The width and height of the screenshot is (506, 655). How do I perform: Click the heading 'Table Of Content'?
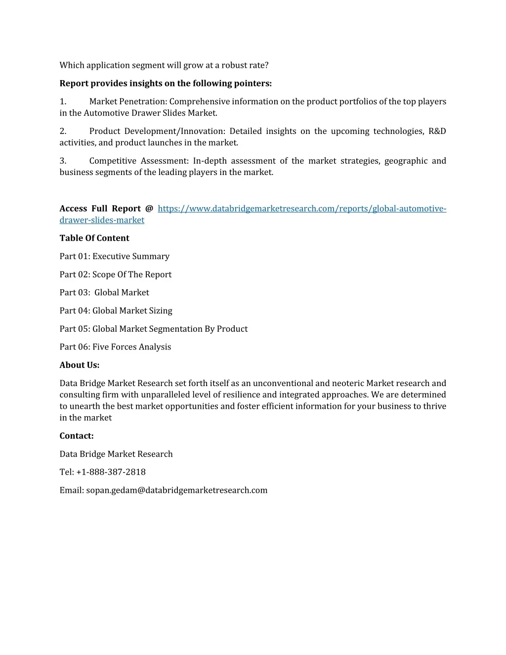pos(94,238)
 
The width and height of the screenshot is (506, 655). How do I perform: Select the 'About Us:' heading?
pos(80,365)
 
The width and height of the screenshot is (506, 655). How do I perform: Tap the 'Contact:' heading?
pos(77,436)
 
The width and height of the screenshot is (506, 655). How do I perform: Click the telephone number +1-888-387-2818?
pos(111,472)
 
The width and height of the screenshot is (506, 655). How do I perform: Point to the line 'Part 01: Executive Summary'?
pos(115,257)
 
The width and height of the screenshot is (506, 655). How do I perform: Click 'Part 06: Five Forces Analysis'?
pos(115,347)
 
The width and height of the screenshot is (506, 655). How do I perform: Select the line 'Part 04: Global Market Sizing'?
pos(116,311)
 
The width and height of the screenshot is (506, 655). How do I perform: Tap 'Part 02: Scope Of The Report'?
pos(116,275)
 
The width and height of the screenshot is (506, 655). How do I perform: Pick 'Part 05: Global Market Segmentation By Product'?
pos(154,329)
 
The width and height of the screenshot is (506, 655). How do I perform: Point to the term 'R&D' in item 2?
pos(437,131)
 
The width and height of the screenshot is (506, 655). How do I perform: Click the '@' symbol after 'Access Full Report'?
pos(149,209)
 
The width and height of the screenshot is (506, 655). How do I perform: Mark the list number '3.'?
pos(63,161)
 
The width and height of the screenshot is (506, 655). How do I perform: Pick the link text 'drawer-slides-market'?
pos(102,220)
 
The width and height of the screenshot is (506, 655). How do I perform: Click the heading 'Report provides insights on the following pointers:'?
pos(166,84)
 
